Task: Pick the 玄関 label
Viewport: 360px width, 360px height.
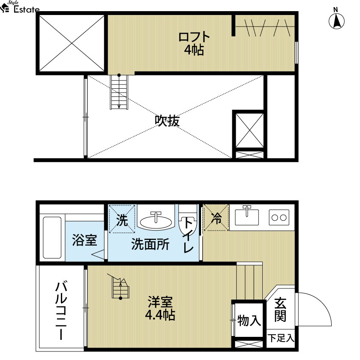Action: [280, 309]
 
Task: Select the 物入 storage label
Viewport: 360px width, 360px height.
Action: [249, 320]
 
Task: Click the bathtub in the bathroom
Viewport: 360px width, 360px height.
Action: [52, 237]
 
